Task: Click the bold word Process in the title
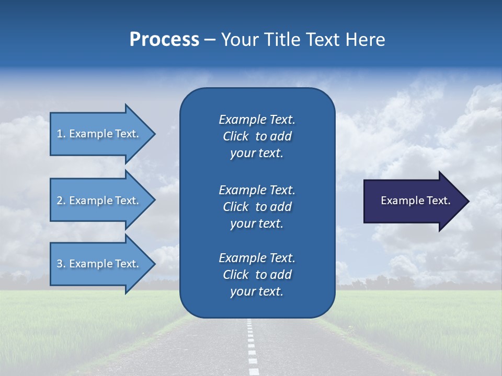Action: tap(164, 40)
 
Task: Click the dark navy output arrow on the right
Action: tap(413, 201)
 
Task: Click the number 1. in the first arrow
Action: tap(61, 134)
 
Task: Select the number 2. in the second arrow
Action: tap(61, 201)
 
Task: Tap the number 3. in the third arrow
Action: tap(61, 264)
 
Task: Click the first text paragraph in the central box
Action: tap(257, 136)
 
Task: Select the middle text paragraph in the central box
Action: tap(257, 207)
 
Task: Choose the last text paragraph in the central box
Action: tap(257, 275)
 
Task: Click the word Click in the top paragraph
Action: tap(235, 136)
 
